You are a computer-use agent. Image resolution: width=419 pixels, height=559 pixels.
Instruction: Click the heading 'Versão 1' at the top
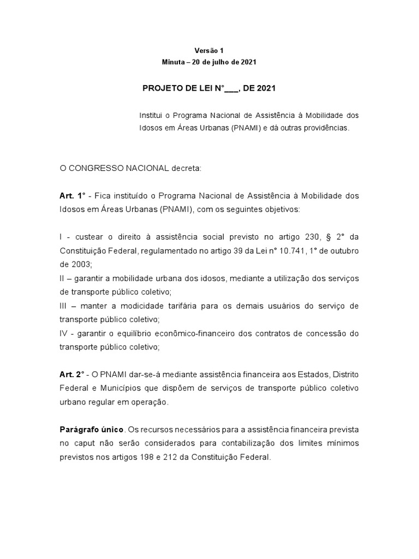pyautogui.click(x=209, y=50)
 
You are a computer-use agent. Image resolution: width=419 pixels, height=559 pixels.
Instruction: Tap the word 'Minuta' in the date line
pyautogui.click(x=174, y=62)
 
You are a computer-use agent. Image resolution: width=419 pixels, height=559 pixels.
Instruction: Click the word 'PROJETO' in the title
pyautogui.click(x=163, y=88)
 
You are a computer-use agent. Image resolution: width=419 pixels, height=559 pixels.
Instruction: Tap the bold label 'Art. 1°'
pyautogui.click(x=73, y=195)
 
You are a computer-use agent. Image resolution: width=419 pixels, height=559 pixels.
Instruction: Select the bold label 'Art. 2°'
pyautogui.click(x=73, y=374)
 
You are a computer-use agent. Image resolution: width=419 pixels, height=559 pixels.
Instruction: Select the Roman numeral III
pyautogui.click(x=63, y=306)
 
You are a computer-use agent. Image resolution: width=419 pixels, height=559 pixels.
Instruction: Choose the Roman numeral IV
pyautogui.click(x=64, y=333)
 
